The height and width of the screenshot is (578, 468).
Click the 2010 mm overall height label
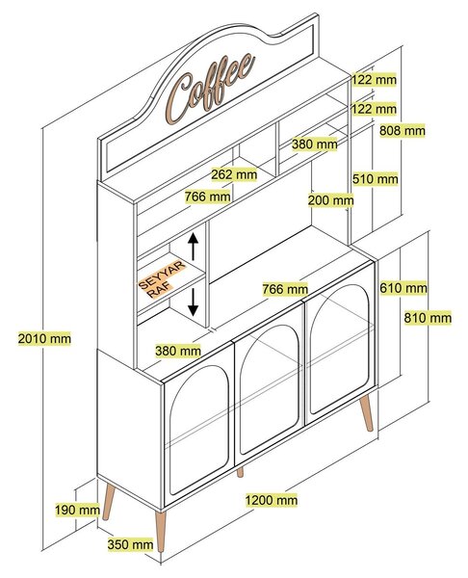click(44, 338)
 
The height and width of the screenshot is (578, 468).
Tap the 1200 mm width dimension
click(272, 500)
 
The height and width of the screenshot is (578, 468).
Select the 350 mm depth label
click(130, 544)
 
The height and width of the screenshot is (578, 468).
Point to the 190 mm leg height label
click(77, 511)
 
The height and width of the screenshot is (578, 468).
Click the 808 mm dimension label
click(403, 130)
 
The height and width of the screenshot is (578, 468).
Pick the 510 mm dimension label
click(376, 179)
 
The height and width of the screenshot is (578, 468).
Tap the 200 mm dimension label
click(330, 200)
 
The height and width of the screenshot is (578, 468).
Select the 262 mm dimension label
click(234, 174)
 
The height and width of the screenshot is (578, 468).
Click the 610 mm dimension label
click(403, 288)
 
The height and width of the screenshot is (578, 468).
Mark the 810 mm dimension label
click(428, 318)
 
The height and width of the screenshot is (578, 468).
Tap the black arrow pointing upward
click(194, 247)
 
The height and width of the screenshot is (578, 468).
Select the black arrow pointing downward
click(194, 302)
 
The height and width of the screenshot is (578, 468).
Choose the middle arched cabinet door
click(269, 388)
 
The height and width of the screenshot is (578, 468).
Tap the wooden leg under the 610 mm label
click(367, 412)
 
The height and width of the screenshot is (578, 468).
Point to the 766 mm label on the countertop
click(285, 289)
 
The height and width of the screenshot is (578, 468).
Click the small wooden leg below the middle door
click(240, 472)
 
